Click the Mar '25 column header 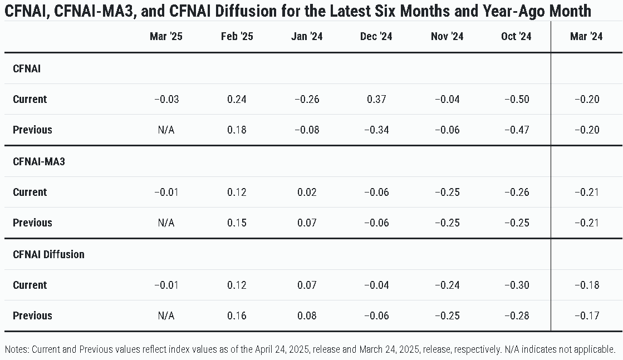point(166,37)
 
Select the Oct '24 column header point(516,37)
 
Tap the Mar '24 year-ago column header point(586,37)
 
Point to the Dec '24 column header point(376,37)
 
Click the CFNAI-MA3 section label point(39,161)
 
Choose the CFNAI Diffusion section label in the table point(48,254)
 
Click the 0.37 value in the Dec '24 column point(377,99)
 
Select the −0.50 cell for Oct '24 point(517,99)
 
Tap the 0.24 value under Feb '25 point(237,99)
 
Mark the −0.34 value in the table point(377,130)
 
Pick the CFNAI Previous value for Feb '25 point(237,130)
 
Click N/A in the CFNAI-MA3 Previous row point(166,223)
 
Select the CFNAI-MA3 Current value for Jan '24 point(307,192)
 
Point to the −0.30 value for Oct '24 point(517,285)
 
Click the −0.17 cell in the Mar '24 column point(587,315)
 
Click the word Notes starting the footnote point(17,349)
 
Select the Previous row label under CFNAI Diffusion point(33,315)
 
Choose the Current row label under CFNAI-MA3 point(30,192)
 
